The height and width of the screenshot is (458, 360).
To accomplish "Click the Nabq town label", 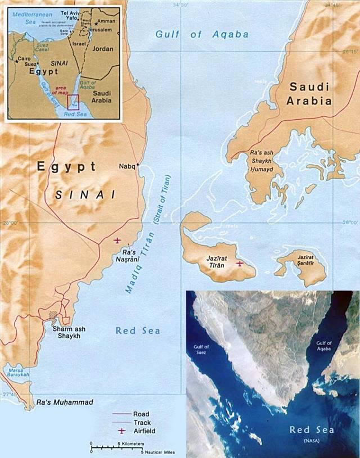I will (x=127, y=166).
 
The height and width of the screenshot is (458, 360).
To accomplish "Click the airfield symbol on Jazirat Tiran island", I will (x=240, y=263).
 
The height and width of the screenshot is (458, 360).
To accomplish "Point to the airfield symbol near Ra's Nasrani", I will (x=117, y=241).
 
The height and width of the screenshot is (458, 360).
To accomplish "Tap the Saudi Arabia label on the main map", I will (x=309, y=94).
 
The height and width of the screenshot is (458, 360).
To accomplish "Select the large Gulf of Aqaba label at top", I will (x=202, y=34).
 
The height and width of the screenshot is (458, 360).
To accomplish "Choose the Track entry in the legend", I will (x=141, y=422).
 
